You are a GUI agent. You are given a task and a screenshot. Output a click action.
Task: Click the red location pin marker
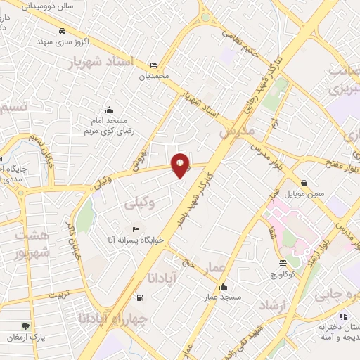point(181,165)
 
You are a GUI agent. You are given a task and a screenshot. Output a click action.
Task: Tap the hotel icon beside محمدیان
point(154,65)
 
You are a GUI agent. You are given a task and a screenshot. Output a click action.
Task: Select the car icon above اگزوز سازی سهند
point(63,32)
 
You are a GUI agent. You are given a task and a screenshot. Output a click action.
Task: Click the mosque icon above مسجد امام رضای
point(109,110)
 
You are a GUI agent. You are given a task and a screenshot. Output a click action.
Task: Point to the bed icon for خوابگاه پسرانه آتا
point(136,230)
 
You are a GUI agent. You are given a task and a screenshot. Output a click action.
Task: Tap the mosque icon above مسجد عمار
point(223,286)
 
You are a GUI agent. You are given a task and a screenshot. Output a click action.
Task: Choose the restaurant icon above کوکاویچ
point(283,263)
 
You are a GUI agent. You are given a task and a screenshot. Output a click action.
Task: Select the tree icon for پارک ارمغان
point(26,326)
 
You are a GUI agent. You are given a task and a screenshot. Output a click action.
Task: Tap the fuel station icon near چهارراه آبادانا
point(141,297)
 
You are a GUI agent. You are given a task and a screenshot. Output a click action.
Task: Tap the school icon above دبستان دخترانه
point(343,316)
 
